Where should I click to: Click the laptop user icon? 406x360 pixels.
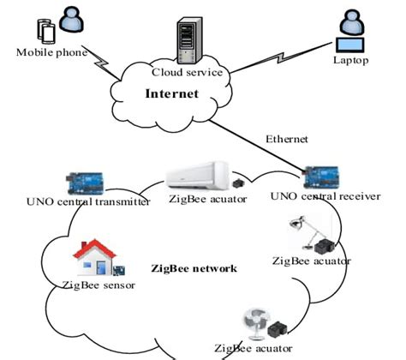tap(351, 31)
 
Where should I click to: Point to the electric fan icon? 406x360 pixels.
tap(253, 324)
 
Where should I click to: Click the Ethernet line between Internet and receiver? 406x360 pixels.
tap(257, 141)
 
